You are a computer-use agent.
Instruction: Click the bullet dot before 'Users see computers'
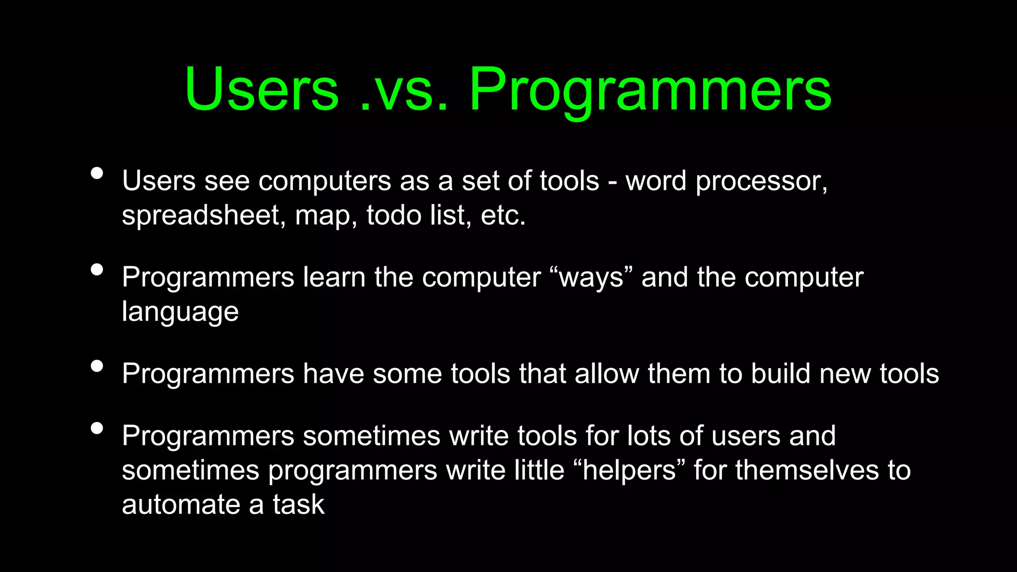click(x=97, y=173)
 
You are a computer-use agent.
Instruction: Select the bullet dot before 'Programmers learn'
click(x=97, y=270)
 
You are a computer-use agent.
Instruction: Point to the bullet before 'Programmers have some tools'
click(x=97, y=366)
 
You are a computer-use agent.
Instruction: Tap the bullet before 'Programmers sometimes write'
click(x=97, y=428)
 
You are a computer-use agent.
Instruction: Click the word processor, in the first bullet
click(x=761, y=182)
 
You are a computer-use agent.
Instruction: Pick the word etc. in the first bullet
click(x=503, y=216)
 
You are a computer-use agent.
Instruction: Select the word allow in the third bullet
click(x=607, y=373)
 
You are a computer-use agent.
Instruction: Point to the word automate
click(x=181, y=505)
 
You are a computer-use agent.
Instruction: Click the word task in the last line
click(x=298, y=505)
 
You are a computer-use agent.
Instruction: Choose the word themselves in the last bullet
click(x=807, y=470)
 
